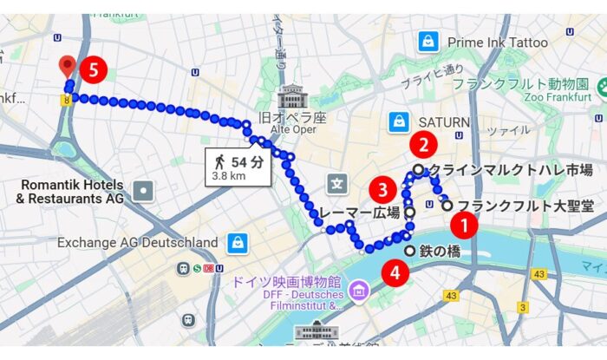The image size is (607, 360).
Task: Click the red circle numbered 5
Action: point(94,70)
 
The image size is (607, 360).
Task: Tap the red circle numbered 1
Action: point(466,226)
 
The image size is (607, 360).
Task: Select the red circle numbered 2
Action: point(422,145)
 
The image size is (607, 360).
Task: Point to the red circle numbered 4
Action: point(396,272)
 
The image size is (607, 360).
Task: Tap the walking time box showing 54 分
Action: point(237,166)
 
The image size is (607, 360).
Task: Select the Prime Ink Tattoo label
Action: point(497,42)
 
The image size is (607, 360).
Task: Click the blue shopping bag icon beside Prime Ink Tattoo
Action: point(428,40)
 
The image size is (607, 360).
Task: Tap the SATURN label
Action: point(443,122)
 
